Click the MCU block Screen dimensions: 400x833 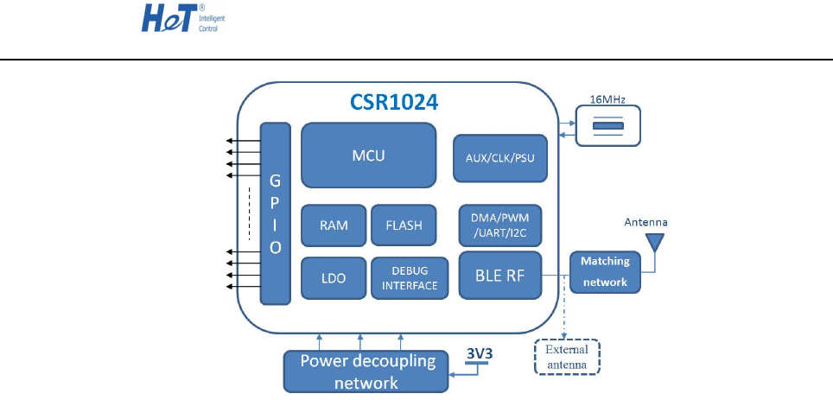coord(368,156)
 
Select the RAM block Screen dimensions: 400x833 coord(334,225)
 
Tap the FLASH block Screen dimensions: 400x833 coord(404,225)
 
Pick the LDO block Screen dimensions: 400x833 coord(334,278)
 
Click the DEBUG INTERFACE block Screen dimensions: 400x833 coord(409,278)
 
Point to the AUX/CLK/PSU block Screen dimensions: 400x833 coord(500,158)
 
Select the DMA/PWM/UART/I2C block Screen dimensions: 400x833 coord(500,225)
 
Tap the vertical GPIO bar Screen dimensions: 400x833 coord(275,213)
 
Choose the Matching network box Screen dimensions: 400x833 coord(605,271)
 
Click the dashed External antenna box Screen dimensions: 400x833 coord(566,356)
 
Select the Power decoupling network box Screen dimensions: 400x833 coord(367,371)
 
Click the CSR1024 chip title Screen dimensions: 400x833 coord(393,101)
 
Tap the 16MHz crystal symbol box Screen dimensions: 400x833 coord(608,127)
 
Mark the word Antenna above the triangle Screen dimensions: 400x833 coord(646,222)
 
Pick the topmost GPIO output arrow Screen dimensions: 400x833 coord(242,139)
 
